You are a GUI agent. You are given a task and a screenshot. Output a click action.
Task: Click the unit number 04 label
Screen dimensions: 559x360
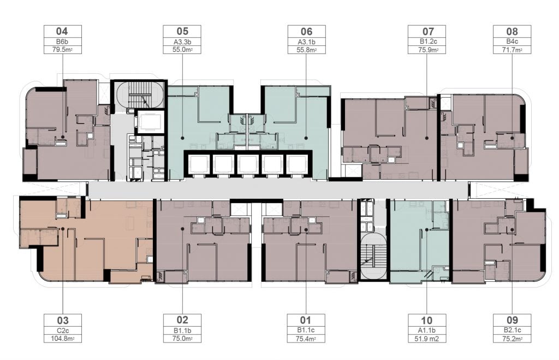tap(62, 31)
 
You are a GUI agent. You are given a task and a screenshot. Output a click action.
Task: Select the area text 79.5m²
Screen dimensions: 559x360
tap(62, 50)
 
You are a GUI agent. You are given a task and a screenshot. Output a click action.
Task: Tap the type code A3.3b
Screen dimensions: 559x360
tap(182, 42)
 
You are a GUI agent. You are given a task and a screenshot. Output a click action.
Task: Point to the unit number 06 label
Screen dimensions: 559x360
tap(307, 31)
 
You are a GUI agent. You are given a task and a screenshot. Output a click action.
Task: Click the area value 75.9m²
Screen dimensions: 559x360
tap(427, 50)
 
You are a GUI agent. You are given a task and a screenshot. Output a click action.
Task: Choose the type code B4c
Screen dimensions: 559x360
tap(512, 42)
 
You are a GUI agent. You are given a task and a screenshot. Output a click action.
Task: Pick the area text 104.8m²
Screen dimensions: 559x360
tap(62, 339)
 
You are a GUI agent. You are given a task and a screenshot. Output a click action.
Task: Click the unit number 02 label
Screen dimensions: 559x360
tap(182, 320)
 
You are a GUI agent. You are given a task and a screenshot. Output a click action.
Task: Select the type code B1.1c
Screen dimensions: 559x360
tap(306, 331)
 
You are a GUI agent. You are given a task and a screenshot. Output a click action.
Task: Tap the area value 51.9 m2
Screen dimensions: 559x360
tap(427, 339)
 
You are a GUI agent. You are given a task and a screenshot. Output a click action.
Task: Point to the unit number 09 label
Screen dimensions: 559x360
tap(512, 320)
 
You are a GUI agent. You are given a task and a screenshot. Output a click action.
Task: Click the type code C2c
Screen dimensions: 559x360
tap(62, 331)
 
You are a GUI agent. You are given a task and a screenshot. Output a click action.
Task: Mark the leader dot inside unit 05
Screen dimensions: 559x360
tap(182, 138)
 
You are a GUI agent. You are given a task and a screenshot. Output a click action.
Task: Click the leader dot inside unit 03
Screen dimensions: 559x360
tap(62, 229)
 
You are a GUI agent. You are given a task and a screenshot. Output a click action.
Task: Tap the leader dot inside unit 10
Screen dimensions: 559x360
tap(427, 230)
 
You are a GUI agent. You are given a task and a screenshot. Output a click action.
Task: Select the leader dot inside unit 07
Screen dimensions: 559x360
tap(427, 138)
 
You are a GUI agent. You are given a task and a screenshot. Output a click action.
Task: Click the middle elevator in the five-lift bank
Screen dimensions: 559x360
tap(248, 164)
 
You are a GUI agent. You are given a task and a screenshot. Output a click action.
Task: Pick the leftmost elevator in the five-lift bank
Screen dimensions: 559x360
tap(198, 164)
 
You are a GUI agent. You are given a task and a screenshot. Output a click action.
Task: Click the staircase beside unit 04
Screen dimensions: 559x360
tap(138, 95)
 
